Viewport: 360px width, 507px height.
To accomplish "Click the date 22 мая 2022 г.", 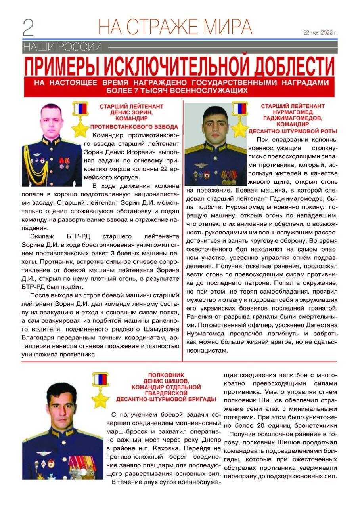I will (320, 33).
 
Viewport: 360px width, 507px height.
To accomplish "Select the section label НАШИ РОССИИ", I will (63, 47).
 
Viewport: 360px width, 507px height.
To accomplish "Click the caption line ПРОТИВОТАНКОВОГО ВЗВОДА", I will (134, 127).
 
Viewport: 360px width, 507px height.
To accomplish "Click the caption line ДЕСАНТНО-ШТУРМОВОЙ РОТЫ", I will (293, 131).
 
